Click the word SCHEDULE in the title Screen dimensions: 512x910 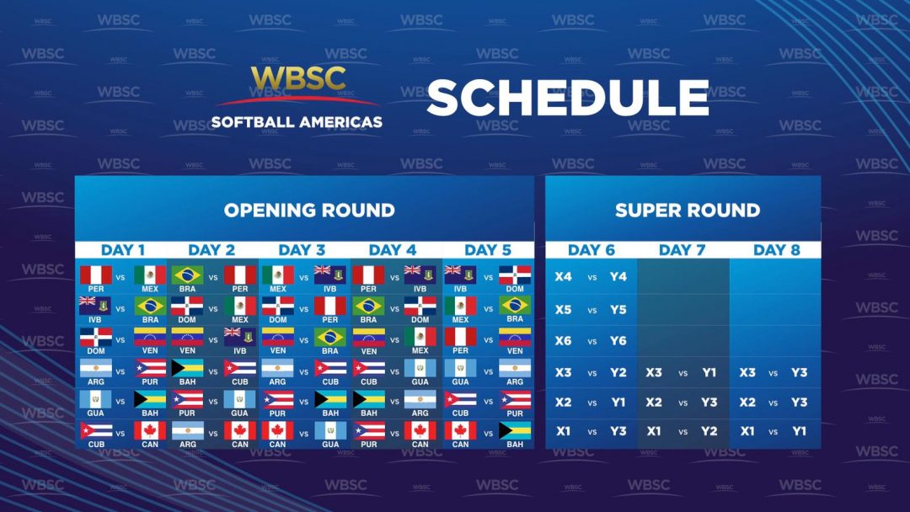tap(567, 98)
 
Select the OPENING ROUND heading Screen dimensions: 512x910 tap(309, 210)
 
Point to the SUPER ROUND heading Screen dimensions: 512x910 tap(688, 210)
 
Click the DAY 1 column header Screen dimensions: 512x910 tap(123, 250)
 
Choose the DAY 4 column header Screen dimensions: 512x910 tap(393, 250)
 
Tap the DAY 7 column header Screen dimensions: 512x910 tap(682, 250)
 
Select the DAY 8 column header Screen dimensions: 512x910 tap(775, 250)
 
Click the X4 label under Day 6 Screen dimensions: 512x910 tap(563, 277)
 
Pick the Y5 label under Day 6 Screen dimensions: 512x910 tap(618, 310)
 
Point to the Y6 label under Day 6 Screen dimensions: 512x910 tap(618, 341)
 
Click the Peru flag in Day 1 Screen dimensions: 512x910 tap(95, 275)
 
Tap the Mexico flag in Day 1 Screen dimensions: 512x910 tap(151, 275)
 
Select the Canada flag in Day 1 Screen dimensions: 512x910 tap(151, 430)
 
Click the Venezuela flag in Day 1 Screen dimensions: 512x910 tap(151, 337)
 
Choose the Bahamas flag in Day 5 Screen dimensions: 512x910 tap(514, 430)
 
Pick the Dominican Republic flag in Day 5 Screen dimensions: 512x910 tap(514, 275)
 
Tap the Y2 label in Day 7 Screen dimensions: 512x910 tap(709, 431)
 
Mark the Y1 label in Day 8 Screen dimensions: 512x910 tap(799, 431)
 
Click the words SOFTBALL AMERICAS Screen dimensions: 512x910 tap(297, 122)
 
